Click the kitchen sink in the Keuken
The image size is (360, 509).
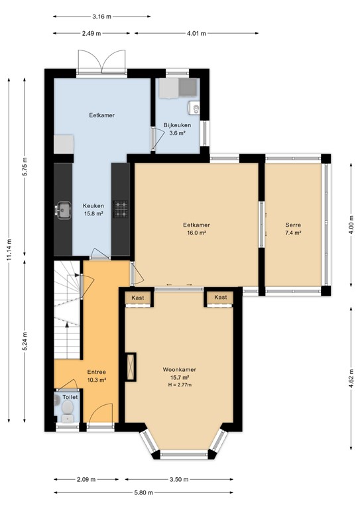[x=64, y=211]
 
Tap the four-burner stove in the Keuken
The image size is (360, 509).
[x=121, y=211]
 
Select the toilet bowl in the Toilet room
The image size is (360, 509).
[x=66, y=415]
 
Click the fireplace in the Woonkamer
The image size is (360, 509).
[x=131, y=366]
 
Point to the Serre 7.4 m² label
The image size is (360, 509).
[x=293, y=229]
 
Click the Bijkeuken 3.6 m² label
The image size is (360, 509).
[x=177, y=129]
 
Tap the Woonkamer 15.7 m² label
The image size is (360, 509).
[x=179, y=373]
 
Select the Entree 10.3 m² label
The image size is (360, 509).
[x=97, y=376]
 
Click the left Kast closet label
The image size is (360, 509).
[x=138, y=298]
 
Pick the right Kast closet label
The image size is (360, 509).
[x=220, y=298]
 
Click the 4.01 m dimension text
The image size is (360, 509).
[x=197, y=33]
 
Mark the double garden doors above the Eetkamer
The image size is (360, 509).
[x=101, y=63]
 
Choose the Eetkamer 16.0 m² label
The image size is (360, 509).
[x=196, y=229]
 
